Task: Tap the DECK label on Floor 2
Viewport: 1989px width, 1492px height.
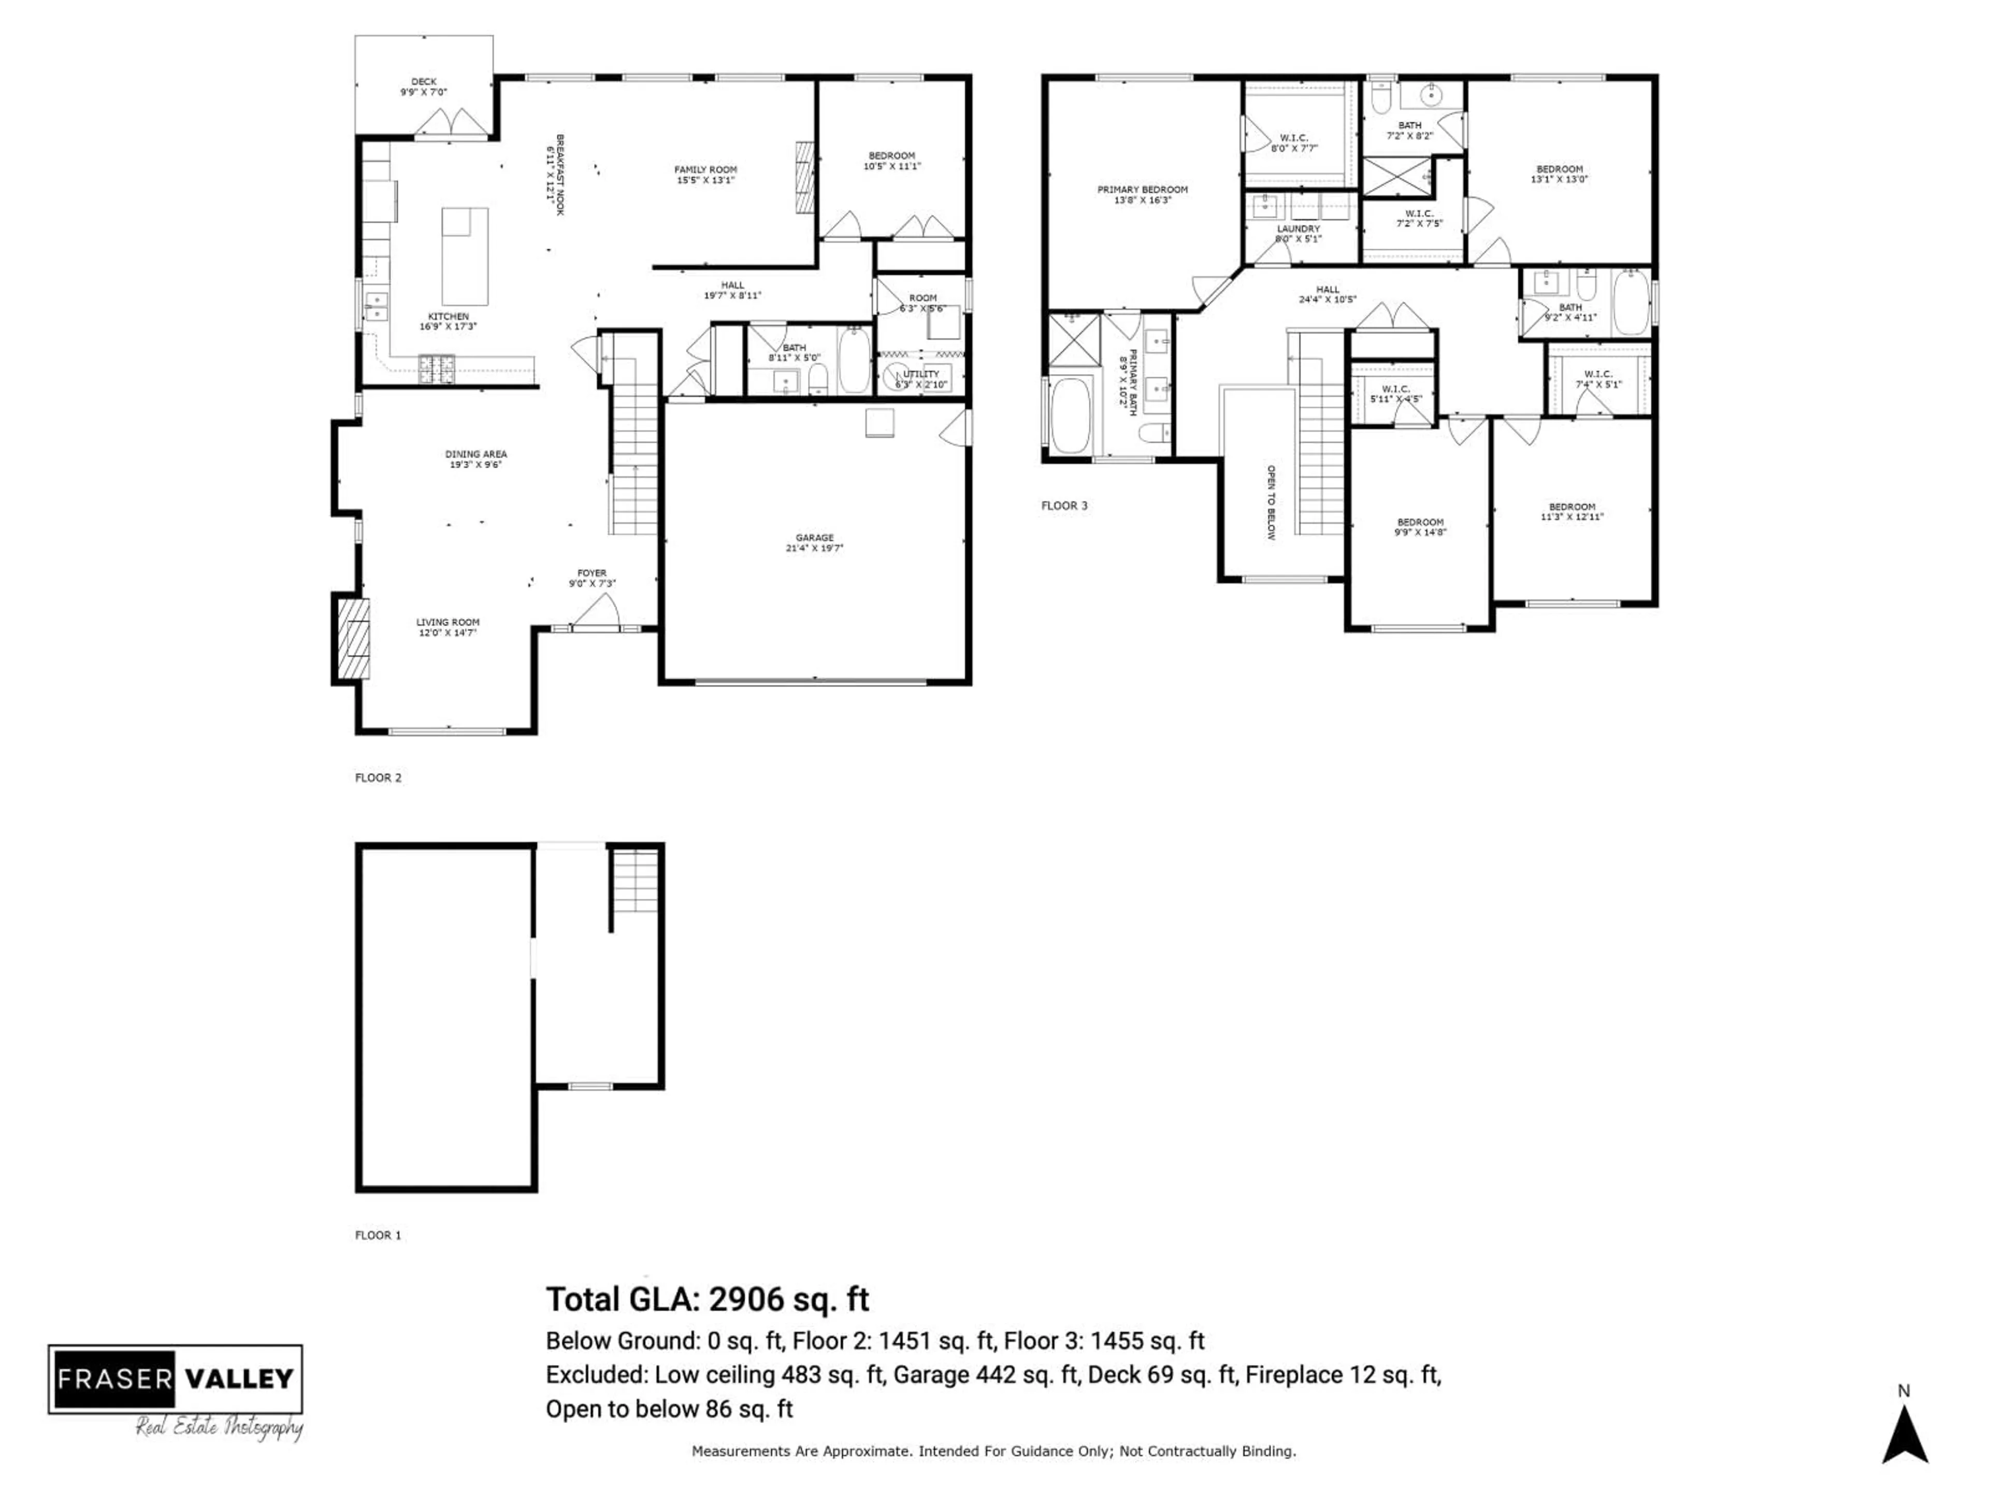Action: coord(424,87)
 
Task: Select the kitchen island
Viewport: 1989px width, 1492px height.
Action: coord(465,256)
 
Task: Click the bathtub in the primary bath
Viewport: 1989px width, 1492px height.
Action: coord(1069,415)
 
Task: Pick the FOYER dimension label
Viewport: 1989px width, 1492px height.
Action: coord(592,578)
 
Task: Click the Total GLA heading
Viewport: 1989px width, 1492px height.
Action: coord(708,1299)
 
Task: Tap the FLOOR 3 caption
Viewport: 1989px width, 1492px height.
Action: coord(1064,506)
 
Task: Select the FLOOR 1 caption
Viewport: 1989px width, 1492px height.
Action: coord(378,1235)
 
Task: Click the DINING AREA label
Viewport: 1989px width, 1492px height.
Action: coord(475,458)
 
